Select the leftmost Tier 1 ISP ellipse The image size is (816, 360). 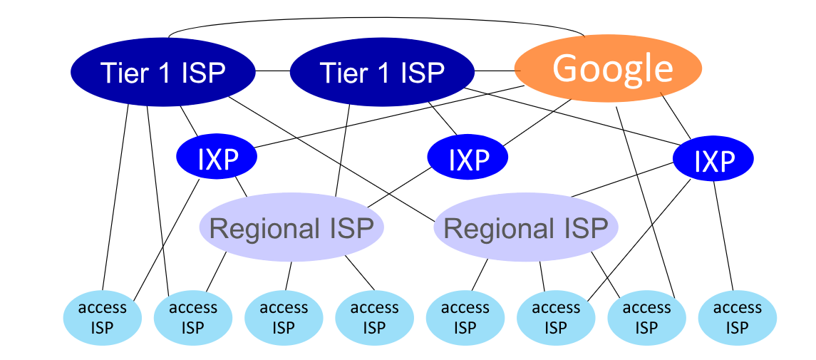coord(162,71)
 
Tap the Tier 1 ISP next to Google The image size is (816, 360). coord(382,71)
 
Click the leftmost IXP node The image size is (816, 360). coord(217,159)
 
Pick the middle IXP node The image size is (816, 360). coord(468,159)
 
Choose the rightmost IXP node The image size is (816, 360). coord(713,160)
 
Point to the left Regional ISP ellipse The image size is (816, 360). coord(291,228)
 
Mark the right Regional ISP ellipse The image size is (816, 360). coord(526,228)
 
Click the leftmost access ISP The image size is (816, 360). coord(102,317)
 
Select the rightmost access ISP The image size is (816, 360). coord(737,317)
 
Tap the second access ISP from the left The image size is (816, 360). coord(192,317)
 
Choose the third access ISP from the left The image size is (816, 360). coord(284,317)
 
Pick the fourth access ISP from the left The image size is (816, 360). coord(374,317)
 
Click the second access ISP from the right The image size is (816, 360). coord(646,317)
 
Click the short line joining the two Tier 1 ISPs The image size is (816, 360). coord(272,71)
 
